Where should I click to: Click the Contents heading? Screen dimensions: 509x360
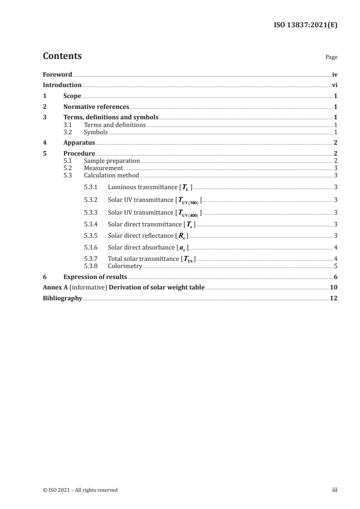62,56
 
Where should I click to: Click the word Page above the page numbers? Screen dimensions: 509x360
331,58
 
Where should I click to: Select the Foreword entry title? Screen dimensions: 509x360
57,74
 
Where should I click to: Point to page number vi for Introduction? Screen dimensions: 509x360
335,85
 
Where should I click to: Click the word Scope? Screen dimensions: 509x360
72,96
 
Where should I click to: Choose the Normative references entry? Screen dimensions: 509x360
96,107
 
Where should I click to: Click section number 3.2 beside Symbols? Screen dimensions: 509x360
68,132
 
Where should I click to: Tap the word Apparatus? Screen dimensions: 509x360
79,143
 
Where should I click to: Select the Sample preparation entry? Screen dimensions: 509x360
112,161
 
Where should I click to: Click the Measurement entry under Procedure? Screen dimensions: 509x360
104,168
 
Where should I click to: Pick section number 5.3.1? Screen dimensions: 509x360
92,187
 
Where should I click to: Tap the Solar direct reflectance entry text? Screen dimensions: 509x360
141,236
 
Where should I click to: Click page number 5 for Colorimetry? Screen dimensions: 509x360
335,266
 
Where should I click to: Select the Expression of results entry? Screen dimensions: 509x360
95,277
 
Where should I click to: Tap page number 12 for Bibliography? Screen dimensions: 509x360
334,299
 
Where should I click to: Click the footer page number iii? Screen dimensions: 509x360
335,490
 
